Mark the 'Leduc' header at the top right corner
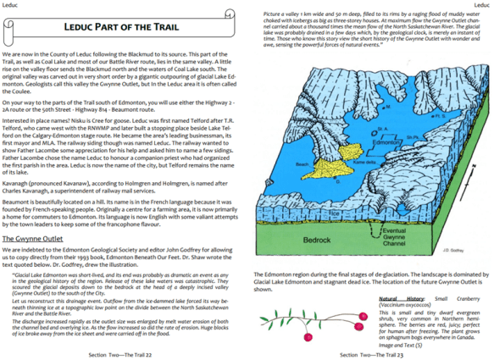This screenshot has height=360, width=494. [481, 5]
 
